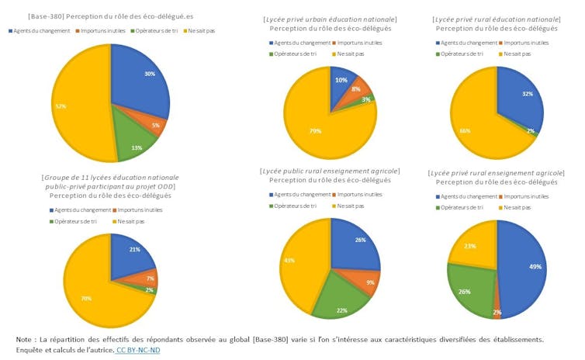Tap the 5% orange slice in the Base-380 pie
click(154, 124)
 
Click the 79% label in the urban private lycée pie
click(315, 131)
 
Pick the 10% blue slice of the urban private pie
click(341, 81)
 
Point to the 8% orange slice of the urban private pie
click(358, 90)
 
